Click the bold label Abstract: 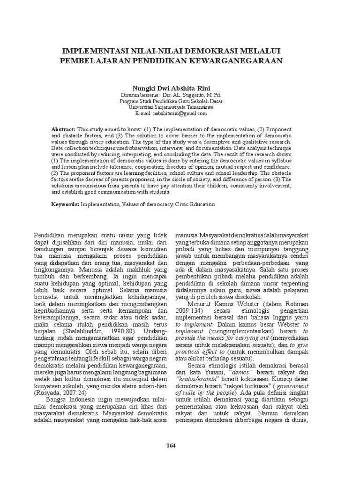pos(63,128)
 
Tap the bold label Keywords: pos(65,204)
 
